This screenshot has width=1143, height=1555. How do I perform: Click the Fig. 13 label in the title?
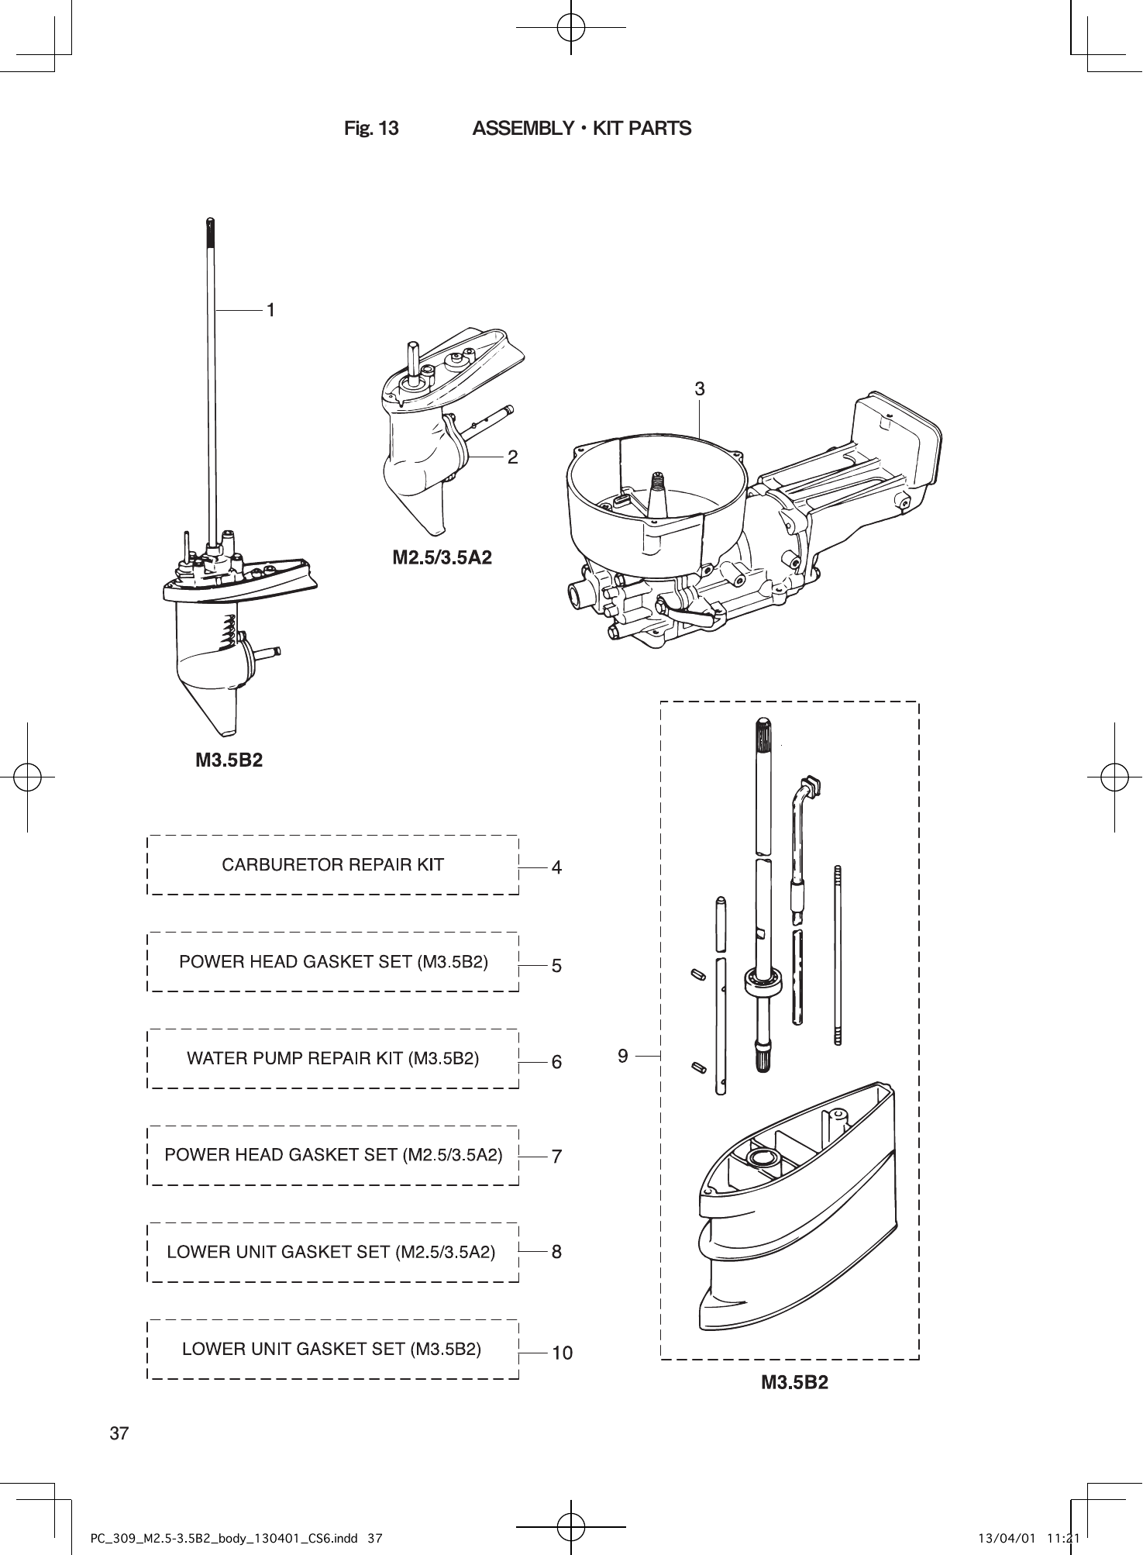point(371,129)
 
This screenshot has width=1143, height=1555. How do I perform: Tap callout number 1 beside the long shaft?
point(270,310)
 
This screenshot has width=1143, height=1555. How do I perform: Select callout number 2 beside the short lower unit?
point(512,457)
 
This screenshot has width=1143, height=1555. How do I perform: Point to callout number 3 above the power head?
point(699,390)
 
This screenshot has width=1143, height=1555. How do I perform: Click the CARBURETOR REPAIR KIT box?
point(332,865)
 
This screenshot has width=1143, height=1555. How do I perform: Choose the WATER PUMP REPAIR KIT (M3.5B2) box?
point(332,1059)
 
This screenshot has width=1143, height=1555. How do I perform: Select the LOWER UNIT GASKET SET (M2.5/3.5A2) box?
point(332,1252)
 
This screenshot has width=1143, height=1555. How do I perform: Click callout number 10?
point(562,1353)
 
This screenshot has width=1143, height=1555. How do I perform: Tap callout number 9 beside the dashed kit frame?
point(623,1055)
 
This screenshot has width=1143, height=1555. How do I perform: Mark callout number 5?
point(556,967)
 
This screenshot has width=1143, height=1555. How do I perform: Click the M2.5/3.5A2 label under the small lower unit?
point(442,557)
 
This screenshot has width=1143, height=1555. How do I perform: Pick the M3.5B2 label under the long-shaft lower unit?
point(229,760)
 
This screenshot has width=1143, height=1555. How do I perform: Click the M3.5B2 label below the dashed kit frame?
point(794,1383)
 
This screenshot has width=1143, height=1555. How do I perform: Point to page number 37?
point(119,1433)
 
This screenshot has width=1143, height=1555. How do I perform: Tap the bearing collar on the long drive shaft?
point(763,980)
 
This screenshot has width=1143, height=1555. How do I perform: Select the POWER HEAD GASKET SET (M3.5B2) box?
point(332,962)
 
